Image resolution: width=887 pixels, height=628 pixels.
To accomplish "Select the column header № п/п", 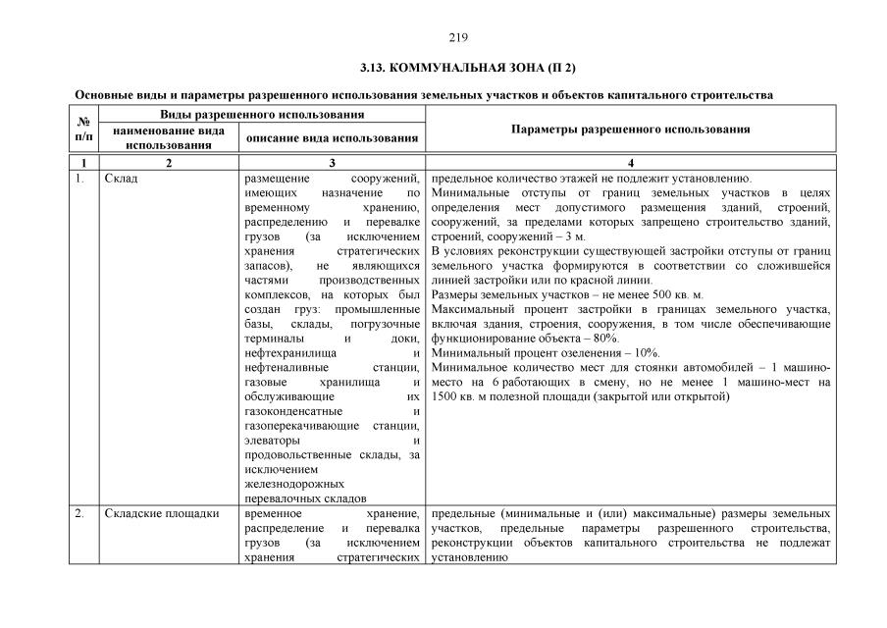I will [x=83, y=130].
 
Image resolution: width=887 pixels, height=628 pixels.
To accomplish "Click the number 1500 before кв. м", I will [x=447, y=396].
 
